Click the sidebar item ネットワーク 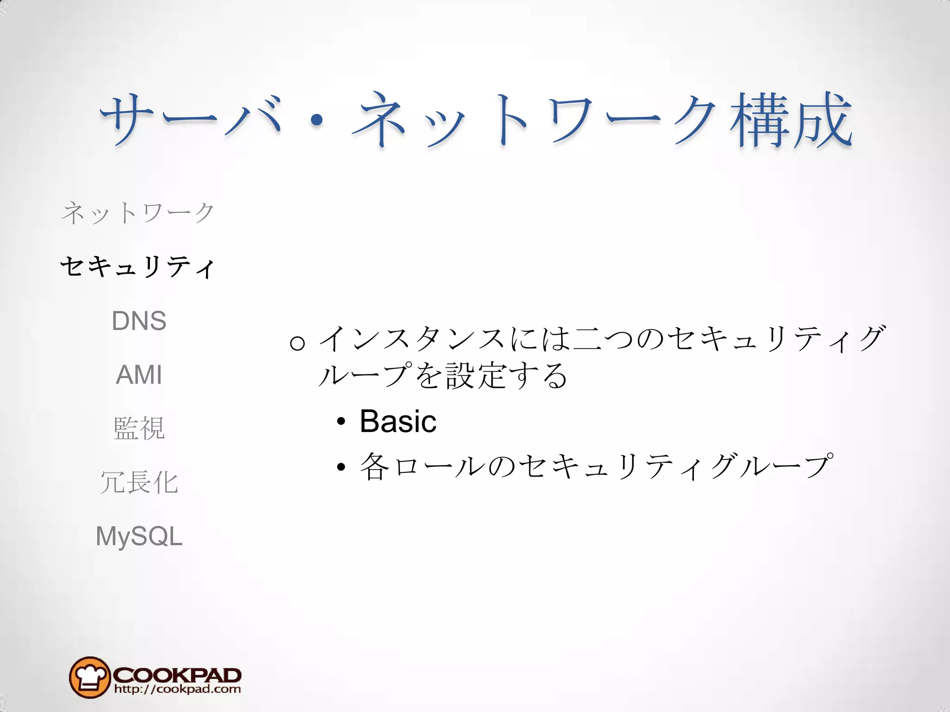point(138,213)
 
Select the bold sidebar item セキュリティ point(138,267)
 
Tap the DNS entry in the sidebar point(139,321)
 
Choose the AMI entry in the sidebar point(139,375)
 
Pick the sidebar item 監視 point(139,428)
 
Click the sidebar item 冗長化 point(139,482)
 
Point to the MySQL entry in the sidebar point(139,536)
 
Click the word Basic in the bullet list point(398,421)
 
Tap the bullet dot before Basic point(341,422)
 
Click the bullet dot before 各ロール point(341,467)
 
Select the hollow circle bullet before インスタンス point(297,343)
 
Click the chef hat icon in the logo point(89,677)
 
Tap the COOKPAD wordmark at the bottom point(177,674)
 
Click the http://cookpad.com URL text point(177,689)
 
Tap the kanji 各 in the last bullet point(375,466)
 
